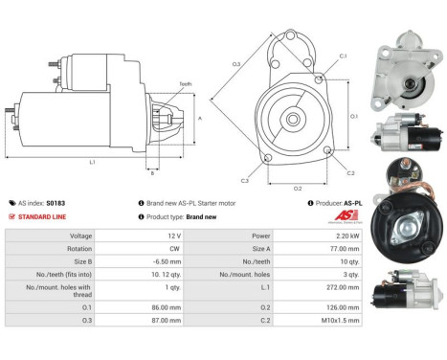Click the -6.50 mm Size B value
168,259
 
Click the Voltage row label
81,236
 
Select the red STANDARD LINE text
42,216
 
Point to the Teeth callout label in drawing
184,84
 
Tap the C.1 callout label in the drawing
343,56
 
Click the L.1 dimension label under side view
92,162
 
